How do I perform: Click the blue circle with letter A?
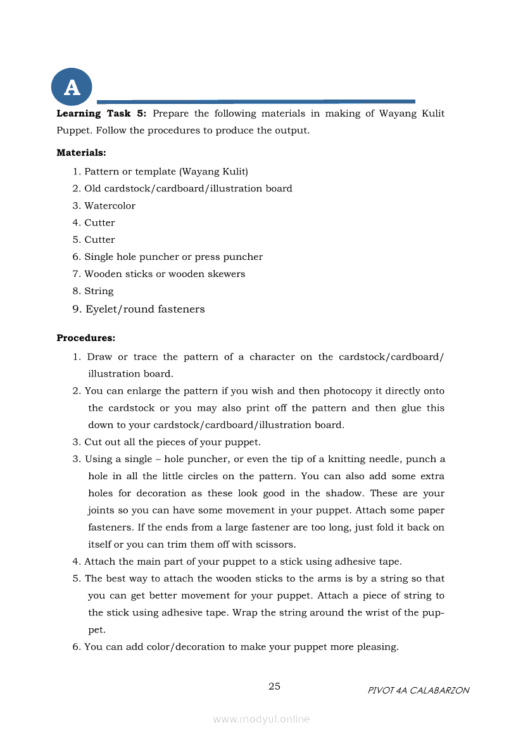72,87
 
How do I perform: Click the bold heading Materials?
81,153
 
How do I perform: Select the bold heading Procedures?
85,338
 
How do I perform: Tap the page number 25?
275,686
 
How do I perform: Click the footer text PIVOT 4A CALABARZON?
419,690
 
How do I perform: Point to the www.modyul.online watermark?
261,719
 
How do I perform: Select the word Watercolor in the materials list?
110,206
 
